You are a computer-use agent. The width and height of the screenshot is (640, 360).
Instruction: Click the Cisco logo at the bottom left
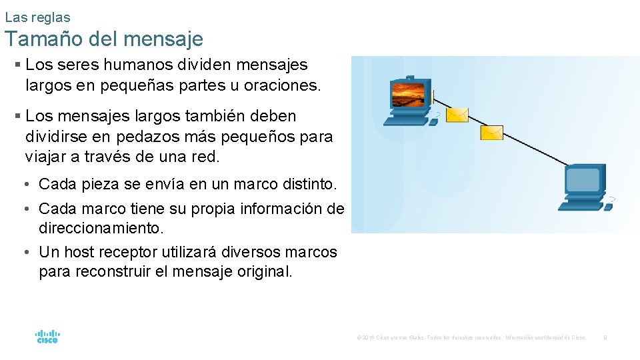(x=47, y=336)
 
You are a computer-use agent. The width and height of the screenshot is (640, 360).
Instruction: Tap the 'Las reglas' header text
(x=37, y=17)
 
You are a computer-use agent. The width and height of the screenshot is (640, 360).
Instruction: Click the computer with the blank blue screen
(x=585, y=189)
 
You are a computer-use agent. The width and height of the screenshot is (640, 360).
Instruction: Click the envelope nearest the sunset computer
(x=457, y=116)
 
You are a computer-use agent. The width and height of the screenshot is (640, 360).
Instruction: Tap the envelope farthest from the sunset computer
(x=493, y=133)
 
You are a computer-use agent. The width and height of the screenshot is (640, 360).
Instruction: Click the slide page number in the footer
(x=605, y=338)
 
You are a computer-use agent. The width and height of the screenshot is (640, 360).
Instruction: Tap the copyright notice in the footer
(x=471, y=338)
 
